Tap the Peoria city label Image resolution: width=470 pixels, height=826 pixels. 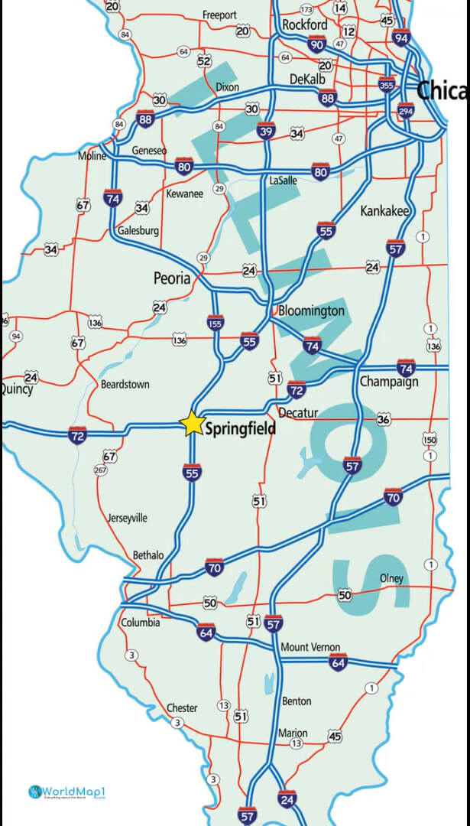[x=172, y=278]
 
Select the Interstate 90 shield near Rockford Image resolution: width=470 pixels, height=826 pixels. [x=316, y=45]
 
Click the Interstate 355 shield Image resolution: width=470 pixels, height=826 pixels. [x=387, y=85]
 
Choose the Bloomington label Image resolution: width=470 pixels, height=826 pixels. [x=311, y=311]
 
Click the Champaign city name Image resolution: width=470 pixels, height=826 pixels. [x=388, y=382]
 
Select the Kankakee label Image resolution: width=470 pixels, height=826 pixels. [x=384, y=210]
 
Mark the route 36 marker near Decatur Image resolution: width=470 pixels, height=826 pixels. [x=384, y=419]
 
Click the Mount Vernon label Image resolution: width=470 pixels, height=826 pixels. [x=310, y=647]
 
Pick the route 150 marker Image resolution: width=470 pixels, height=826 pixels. [x=429, y=440]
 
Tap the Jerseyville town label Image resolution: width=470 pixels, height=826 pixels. [x=128, y=518]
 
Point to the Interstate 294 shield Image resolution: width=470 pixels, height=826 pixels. [x=407, y=112]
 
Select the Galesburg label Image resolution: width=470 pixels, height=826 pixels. [x=138, y=230]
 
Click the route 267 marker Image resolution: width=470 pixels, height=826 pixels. [x=100, y=470]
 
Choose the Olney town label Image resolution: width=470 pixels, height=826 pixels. [x=391, y=578]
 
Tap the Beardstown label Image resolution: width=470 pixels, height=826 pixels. [x=125, y=384]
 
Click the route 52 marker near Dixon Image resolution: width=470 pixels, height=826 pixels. [x=204, y=61]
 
